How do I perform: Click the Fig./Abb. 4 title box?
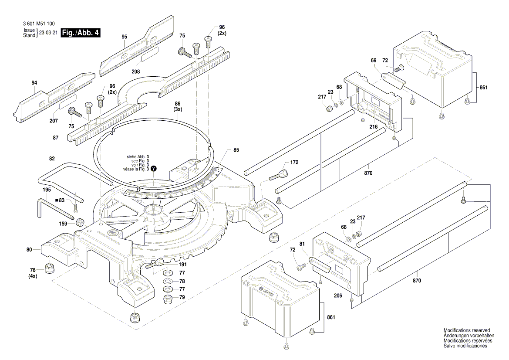[x=81, y=33]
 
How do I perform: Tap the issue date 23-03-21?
[x=48, y=33]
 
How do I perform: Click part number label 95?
[x=125, y=37]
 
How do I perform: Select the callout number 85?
[x=236, y=150]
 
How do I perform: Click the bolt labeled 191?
[x=155, y=264]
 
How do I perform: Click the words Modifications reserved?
[x=466, y=330]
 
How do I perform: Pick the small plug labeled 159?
[x=80, y=222]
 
